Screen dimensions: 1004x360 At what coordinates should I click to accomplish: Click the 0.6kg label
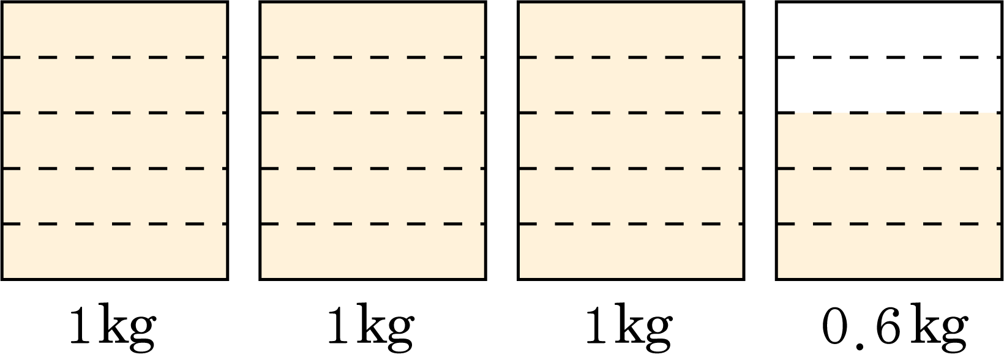894,331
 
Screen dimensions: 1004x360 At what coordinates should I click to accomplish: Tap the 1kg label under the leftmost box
113,328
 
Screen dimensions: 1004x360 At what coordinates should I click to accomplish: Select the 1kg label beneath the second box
370,328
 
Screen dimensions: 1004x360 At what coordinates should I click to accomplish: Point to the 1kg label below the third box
629,328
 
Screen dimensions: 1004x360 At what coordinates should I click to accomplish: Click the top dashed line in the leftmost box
114,58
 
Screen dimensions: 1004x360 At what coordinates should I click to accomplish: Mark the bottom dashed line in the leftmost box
114,223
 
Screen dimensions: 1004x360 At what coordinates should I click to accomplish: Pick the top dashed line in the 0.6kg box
890,58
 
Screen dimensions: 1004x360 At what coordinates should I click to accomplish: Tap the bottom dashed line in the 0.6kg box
890,223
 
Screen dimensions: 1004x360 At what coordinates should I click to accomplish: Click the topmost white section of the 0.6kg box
890,29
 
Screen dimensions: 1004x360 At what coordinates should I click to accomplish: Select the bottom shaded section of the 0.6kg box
890,251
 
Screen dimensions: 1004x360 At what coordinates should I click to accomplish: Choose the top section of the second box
373,29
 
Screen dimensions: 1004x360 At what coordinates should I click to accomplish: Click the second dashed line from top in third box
631,113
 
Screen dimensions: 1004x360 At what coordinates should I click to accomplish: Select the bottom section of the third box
631,251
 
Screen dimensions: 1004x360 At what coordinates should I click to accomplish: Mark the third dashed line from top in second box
373,168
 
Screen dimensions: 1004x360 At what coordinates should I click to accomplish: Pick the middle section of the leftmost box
114,140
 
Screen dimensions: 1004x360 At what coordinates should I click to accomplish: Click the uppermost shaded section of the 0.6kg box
890,140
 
